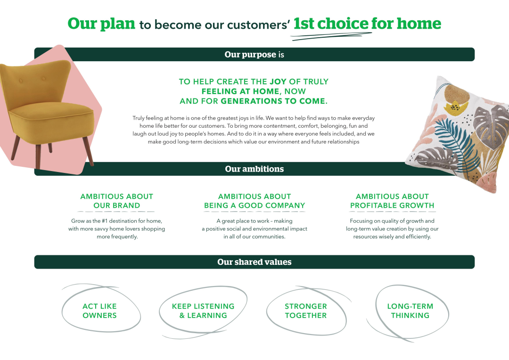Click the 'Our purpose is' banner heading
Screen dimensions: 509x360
(x=254, y=55)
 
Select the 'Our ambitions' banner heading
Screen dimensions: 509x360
(x=254, y=169)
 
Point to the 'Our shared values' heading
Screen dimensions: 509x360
(x=254, y=262)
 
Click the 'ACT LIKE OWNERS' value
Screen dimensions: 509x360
(x=99, y=311)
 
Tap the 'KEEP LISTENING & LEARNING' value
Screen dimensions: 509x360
(x=203, y=311)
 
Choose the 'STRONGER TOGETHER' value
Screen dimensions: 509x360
(x=306, y=311)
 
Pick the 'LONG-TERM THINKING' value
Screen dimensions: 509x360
(x=410, y=311)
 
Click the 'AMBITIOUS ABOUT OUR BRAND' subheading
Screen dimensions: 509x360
(x=117, y=201)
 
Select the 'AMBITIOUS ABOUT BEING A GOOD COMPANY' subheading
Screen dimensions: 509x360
(x=254, y=201)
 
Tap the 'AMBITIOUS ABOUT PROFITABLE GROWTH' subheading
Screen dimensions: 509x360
(x=392, y=201)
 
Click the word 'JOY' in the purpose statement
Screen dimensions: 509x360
(x=278, y=82)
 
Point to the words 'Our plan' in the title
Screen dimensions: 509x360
(x=101, y=24)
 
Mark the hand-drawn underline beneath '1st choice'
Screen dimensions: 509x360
(x=331, y=36)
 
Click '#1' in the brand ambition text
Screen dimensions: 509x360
(x=105, y=221)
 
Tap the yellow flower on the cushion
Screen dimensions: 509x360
(x=455, y=107)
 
